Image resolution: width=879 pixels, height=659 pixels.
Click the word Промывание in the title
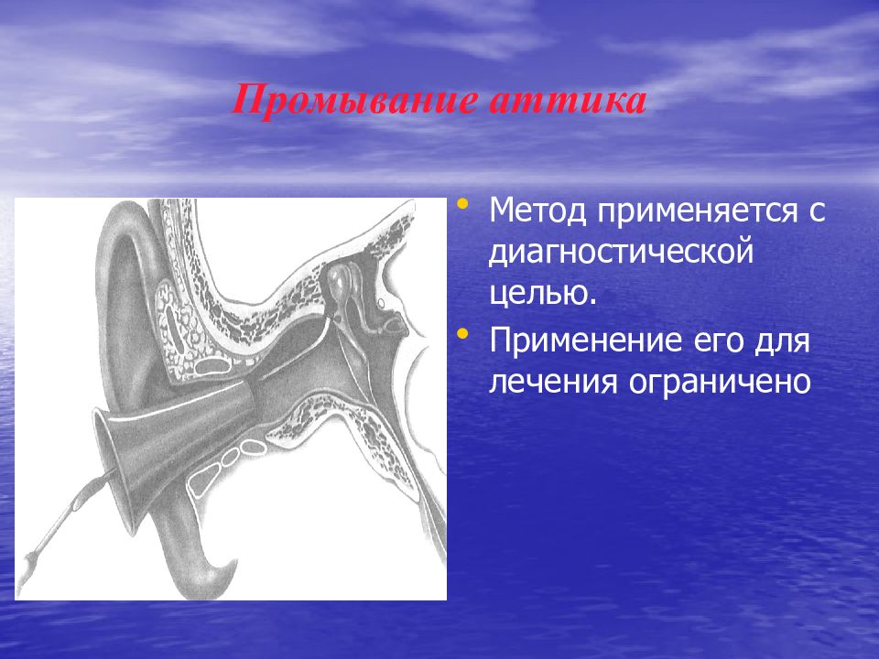[x=356, y=100]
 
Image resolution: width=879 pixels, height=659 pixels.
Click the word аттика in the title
[x=568, y=101]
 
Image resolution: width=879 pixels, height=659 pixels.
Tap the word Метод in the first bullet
[x=537, y=211]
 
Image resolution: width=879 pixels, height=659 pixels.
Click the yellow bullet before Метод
[x=462, y=203]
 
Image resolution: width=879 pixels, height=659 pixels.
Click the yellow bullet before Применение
[x=462, y=334]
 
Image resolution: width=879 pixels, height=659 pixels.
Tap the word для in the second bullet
[x=778, y=341]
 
